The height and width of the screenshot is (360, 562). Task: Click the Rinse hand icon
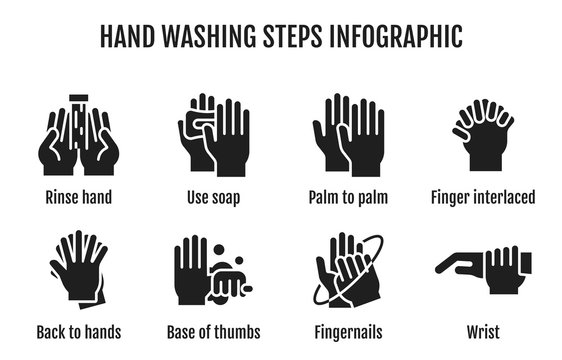[x=78, y=136]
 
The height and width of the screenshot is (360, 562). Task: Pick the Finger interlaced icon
[x=482, y=135]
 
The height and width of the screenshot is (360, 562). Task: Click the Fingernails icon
[x=348, y=272]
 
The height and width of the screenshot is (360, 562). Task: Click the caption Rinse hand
[x=78, y=197]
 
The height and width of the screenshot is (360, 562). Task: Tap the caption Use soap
[x=213, y=197]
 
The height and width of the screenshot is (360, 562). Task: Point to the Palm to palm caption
[x=348, y=197]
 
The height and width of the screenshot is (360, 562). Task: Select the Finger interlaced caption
[x=483, y=197]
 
